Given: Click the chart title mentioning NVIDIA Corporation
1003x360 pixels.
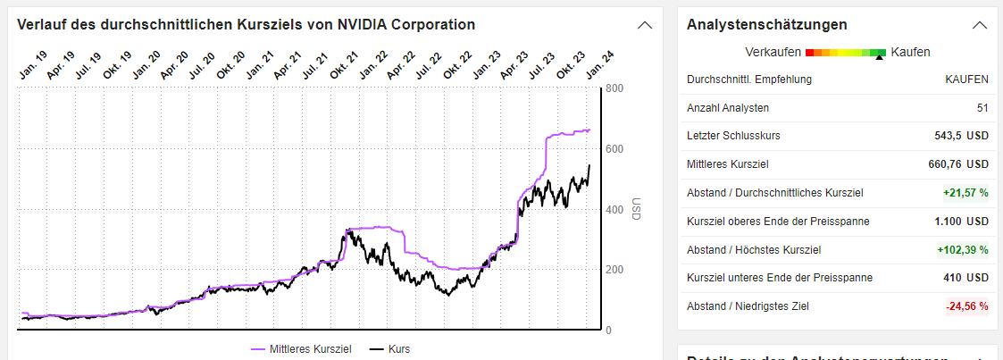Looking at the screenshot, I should [x=247, y=24].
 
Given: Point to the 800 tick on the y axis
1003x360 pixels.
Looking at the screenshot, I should [x=614, y=88].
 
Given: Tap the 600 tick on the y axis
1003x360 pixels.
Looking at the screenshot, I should [x=614, y=149].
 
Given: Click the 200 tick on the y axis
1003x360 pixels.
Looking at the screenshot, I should [x=614, y=270].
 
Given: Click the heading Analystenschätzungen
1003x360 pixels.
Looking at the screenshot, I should [x=767, y=24].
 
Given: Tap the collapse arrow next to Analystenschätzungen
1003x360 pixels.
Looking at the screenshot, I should [x=979, y=25].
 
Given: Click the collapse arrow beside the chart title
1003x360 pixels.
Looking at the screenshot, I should [x=645, y=25].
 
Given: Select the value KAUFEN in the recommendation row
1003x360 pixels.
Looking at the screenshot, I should [x=966, y=80].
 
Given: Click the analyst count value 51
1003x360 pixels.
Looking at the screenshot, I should [x=982, y=108].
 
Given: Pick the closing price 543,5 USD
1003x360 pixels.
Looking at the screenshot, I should [x=961, y=136].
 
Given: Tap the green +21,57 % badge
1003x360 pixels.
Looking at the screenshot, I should [x=965, y=193].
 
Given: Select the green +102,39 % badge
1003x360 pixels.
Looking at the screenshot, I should [x=962, y=250].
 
